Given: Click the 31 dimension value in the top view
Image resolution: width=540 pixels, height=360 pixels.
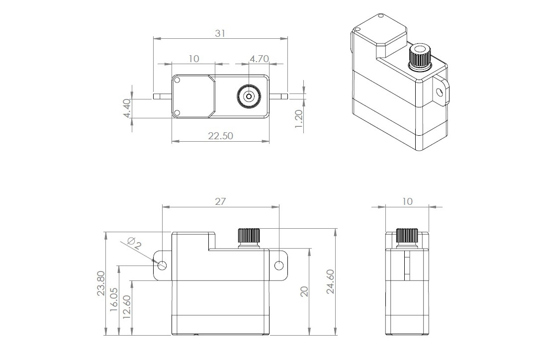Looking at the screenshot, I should (220, 33).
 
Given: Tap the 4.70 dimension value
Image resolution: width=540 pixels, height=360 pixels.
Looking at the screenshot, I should (259, 59).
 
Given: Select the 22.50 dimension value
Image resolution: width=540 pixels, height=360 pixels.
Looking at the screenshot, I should (221, 136).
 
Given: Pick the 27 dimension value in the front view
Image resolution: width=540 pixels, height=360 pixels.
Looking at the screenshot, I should (220, 201).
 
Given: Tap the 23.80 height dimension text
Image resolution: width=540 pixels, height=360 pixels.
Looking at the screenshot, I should (101, 283).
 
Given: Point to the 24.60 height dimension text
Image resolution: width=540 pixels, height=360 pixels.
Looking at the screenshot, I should (331, 282).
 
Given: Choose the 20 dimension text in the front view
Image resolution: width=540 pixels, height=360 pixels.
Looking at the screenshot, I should (304, 291).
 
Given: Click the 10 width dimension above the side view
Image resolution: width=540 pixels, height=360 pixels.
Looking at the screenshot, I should (407, 201).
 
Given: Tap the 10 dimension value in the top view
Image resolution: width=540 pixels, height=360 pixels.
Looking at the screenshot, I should (194, 59).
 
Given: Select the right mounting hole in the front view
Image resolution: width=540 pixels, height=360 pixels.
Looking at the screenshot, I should (279, 265).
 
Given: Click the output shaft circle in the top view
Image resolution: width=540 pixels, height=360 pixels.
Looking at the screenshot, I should (248, 96).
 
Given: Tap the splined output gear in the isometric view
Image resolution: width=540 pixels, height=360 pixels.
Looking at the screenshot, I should (420, 58).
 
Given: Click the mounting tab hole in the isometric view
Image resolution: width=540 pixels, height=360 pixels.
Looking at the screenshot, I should (439, 92).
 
